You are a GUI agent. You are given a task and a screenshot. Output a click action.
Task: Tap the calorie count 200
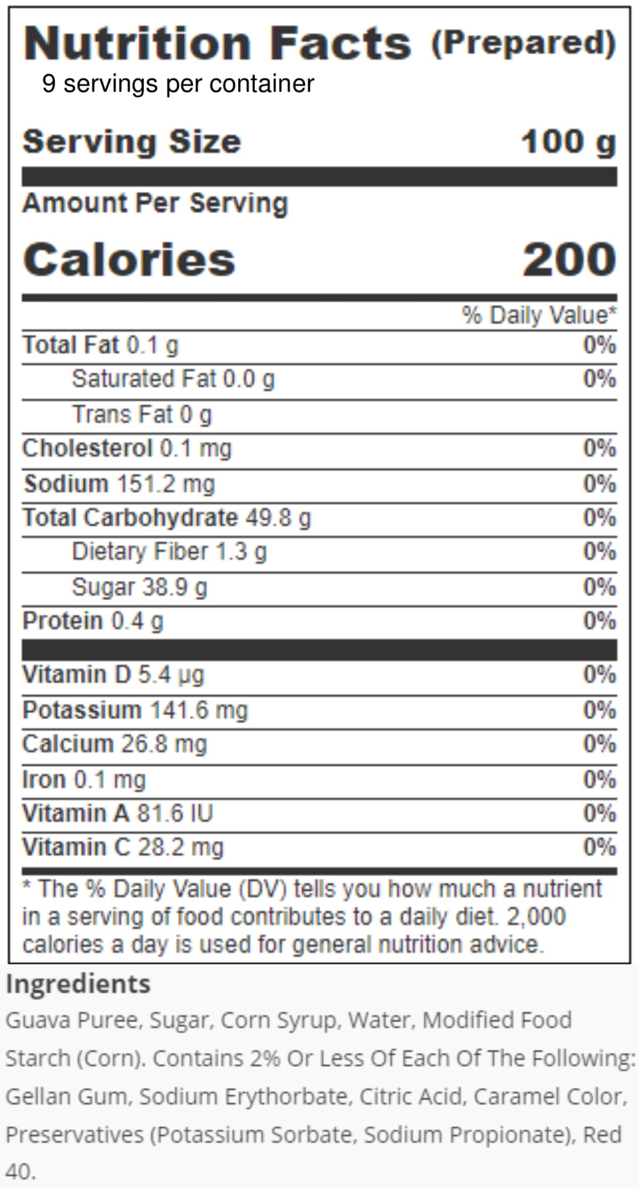click(570, 259)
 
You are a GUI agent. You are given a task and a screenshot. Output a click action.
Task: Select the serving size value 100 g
click(569, 143)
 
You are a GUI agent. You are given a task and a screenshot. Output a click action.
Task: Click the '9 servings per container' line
click(178, 84)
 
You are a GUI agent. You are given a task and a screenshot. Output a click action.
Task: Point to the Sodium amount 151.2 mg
click(166, 484)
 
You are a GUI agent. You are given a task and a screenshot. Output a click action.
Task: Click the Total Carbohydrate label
click(130, 518)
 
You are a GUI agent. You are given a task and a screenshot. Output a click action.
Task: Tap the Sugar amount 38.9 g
click(174, 588)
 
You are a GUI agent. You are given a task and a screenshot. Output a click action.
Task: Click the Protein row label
click(62, 621)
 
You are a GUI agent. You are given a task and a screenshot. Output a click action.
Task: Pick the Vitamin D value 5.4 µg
click(171, 675)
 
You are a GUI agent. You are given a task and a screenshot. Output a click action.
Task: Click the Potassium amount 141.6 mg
click(198, 710)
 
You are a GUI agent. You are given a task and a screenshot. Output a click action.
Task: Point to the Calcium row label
click(68, 744)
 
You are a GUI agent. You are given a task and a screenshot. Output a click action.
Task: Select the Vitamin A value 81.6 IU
click(175, 813)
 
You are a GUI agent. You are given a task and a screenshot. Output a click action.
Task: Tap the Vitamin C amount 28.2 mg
click(181, 847)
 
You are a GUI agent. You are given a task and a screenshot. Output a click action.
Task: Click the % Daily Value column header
click(539, 315)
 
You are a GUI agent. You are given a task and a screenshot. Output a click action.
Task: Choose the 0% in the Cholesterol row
click(600, 448)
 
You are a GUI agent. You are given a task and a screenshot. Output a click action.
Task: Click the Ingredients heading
click(78, 984)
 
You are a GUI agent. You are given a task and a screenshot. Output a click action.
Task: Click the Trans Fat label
click(122, 414)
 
